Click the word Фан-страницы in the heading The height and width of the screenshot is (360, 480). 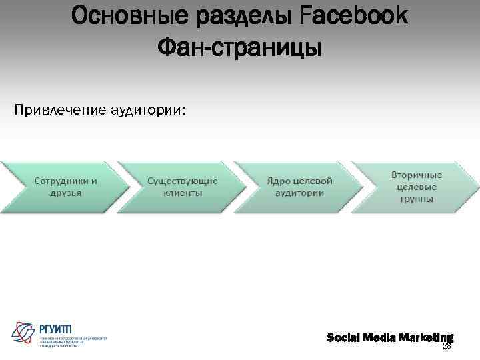(x=240, y=47)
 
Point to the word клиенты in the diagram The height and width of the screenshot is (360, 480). (x=183, y=193)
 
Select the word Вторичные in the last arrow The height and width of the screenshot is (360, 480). (x=417, y=175)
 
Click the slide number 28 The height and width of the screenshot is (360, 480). (x=447, y=346)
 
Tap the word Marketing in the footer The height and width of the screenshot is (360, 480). (x=427, y=337)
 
